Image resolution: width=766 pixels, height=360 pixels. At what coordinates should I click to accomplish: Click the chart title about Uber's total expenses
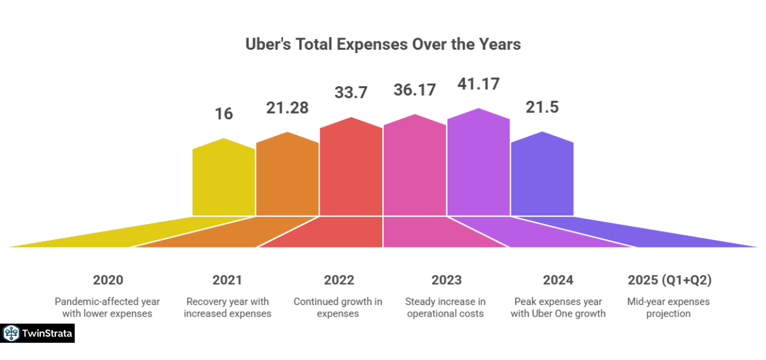click(x=383, y=45)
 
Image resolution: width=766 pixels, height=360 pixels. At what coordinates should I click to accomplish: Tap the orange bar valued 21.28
click(x=287, y=176)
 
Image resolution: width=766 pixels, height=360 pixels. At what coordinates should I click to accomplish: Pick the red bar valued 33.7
click(x=351, y=169)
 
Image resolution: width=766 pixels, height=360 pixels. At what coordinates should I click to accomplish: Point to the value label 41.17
click(x=478, y=84)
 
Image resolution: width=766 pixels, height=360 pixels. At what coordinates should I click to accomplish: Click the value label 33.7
click(x=351, y=93)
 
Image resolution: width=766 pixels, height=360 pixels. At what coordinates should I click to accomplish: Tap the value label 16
click(x=223, y=114)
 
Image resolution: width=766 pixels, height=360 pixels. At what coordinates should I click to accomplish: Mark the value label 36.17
click(x=414, y=90)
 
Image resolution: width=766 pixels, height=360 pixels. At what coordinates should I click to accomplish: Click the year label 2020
click(x=108, y=280)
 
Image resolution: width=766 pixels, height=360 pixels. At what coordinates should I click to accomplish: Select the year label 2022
click(x=338, y=280)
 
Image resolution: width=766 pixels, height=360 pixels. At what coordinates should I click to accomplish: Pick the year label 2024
click(x=558, y=280)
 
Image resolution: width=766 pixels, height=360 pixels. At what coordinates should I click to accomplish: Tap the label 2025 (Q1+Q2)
click(x=669, y=280)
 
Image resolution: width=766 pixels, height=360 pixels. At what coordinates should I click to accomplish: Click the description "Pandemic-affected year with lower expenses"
click(x=108, y=307)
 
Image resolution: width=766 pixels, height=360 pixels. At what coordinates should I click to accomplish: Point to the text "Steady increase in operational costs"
click(x=446, y=307)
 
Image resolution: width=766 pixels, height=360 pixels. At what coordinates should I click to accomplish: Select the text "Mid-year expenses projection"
click(x=669, y=307)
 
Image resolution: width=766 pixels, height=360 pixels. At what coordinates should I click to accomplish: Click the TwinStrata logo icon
click(x=11, y=333)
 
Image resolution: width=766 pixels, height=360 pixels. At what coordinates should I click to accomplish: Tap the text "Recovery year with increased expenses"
click(x=227, y=307)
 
